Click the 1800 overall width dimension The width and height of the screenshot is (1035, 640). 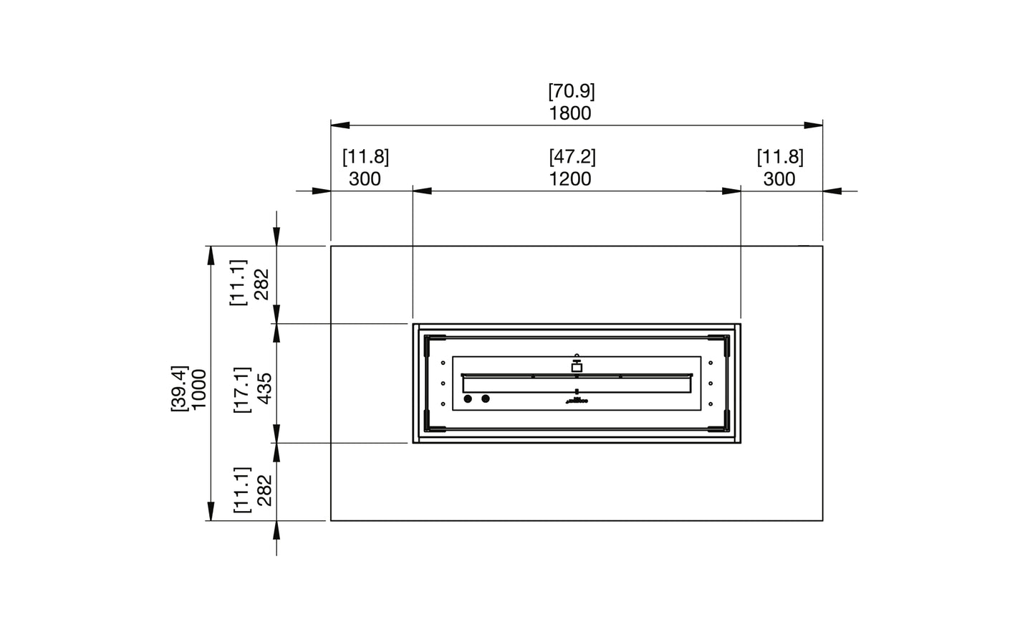click(x=570, y=113)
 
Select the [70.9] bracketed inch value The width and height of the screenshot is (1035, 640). click(x=571, y=92)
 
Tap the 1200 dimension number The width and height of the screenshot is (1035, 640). click(x=570, y=178)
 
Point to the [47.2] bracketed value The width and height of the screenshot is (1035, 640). click(x=572, y=157)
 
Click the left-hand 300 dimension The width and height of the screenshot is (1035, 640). click(x=365, y=178)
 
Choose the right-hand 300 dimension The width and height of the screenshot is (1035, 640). click(x=779, y=178)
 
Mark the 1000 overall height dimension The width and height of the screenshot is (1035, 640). click(x=198, y=389)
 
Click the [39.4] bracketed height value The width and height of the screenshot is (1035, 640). click(x=178, y=389)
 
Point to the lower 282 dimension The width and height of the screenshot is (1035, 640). click(x=264, y=490)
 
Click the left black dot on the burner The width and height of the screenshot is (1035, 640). click(x=468, y=398)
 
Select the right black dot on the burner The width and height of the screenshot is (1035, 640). click(x=486, y=398)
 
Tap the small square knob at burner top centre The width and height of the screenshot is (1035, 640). click(x=577, y=367)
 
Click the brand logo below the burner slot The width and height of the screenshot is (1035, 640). click(x=577, y=401)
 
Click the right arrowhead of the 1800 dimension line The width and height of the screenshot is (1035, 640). click(x=813, y=125)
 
